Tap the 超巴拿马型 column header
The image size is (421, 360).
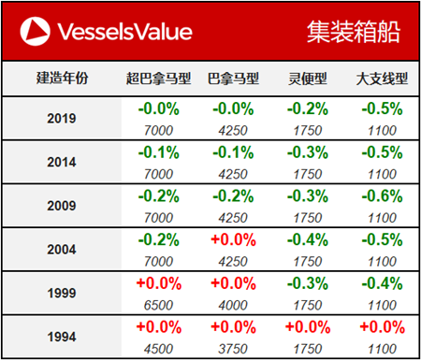click(x=157, y=78)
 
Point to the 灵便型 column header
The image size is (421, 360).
click(x=307, y=78)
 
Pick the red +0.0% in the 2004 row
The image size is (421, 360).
click(x=232, y=238)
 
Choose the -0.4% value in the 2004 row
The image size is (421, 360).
click(x=307, y=238)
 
